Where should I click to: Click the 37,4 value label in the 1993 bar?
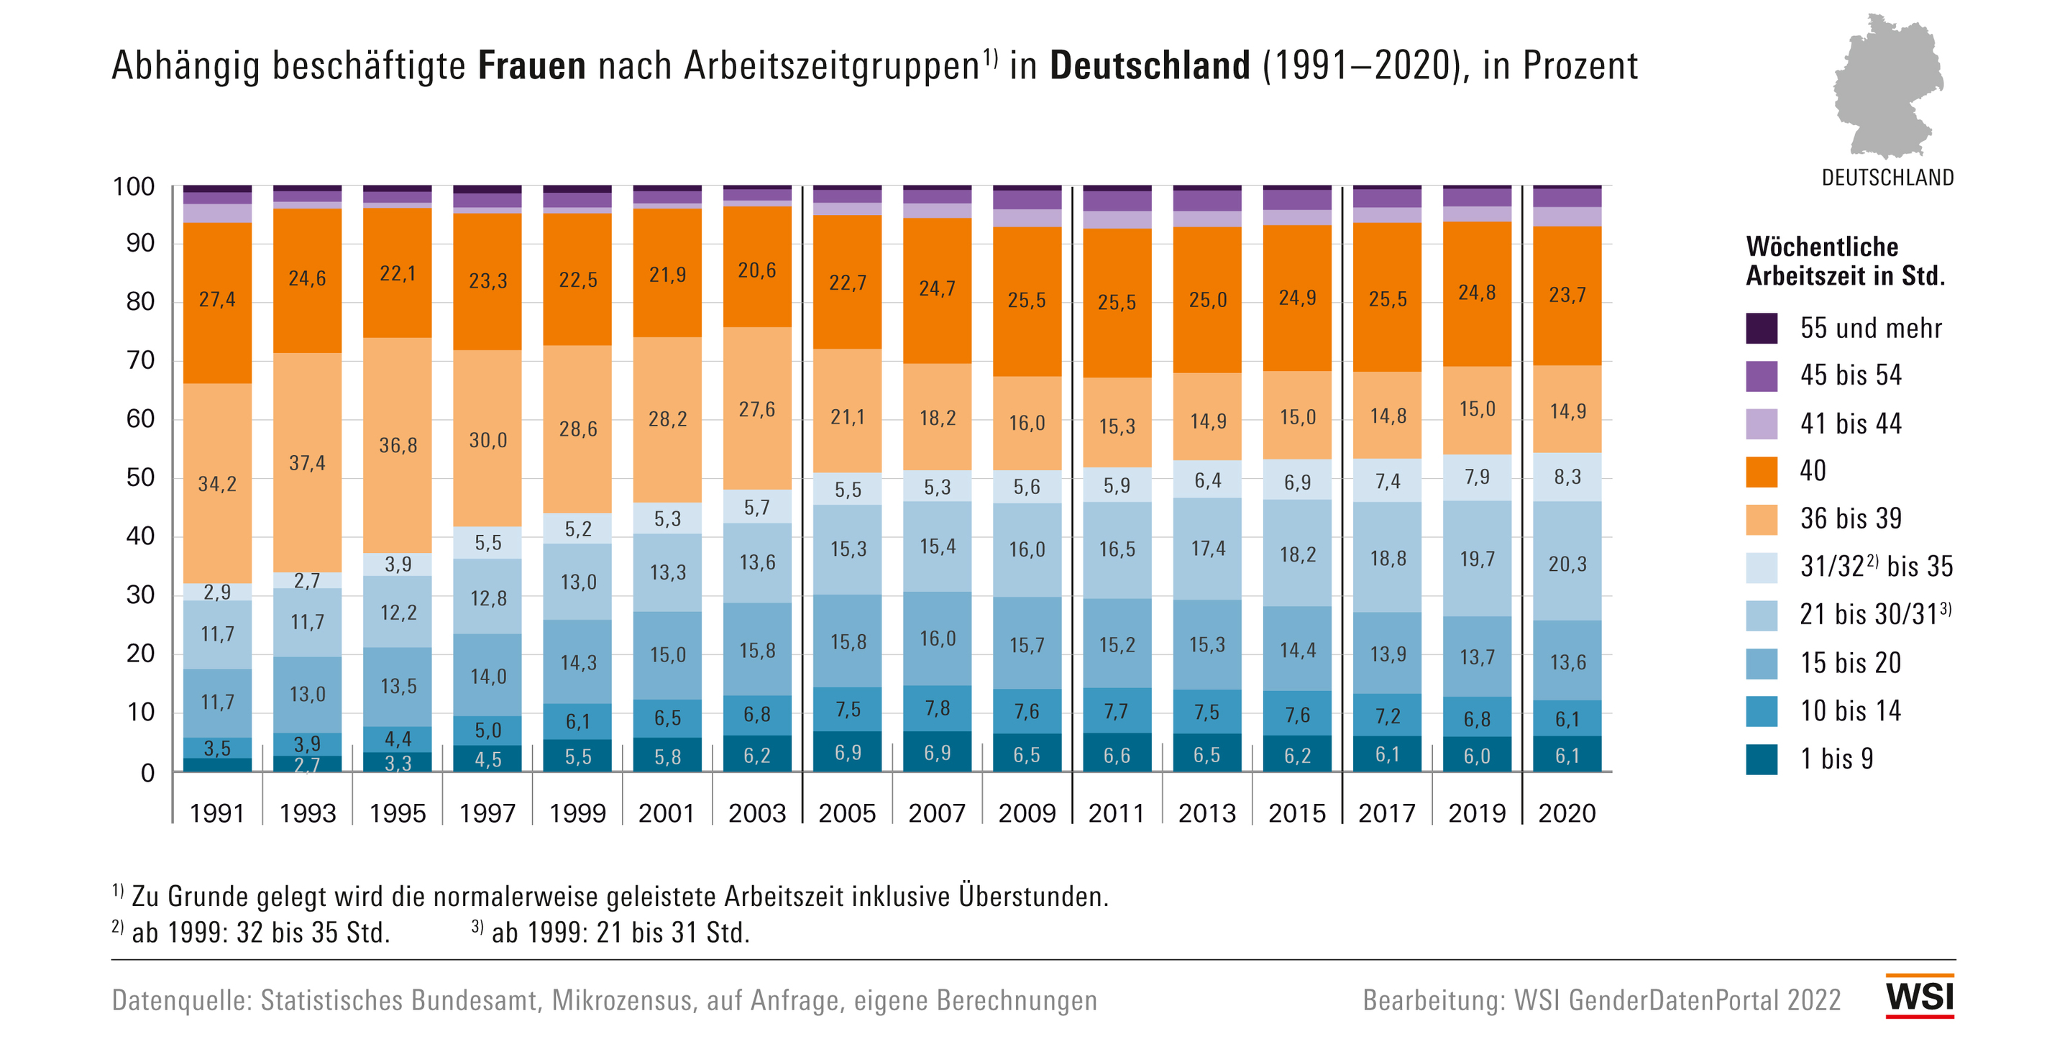(307, 463)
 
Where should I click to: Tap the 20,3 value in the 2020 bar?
(1567, 564)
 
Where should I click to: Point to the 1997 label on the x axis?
(487, 813)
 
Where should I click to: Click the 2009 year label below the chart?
(1026, 813)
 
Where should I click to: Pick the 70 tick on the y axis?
(141, 360)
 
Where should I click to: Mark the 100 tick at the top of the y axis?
(134, 186)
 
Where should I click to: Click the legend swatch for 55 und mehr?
(1762, 328)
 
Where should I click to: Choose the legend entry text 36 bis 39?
(1851, 519)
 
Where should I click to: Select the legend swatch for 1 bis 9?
(1762, 759)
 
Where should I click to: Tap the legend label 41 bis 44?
(1851, 424)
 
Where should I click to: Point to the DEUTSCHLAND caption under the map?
(1887, 178)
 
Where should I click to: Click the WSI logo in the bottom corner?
(1920, 997)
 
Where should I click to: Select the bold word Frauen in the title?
(531, 66)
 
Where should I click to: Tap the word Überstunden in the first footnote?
(1032, 896)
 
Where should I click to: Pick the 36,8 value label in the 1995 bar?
(398, 445)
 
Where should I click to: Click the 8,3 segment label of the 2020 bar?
(1567, 477)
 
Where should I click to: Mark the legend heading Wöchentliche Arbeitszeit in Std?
(1845, 261)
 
